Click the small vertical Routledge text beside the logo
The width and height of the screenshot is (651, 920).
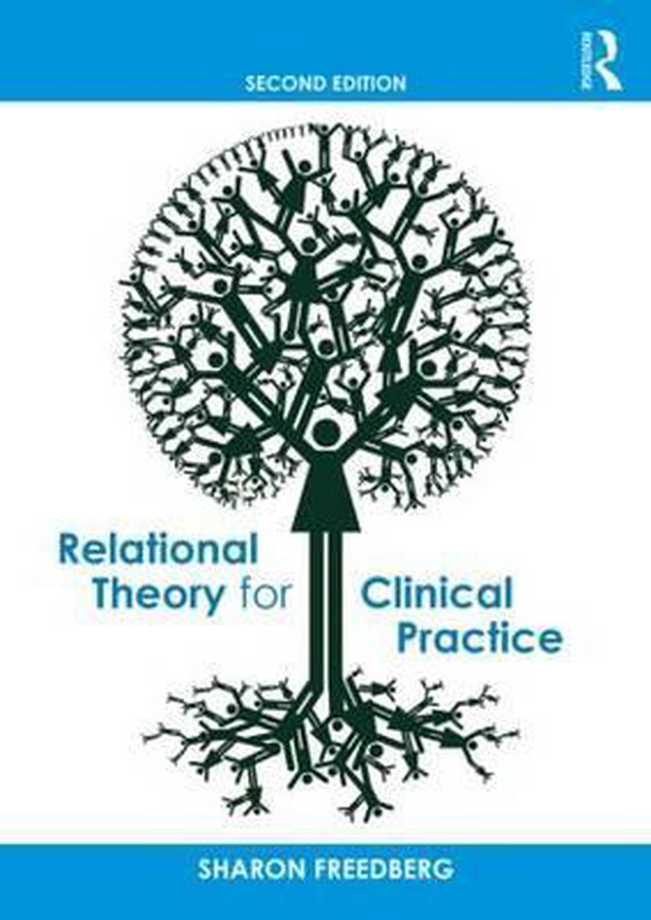pos(589,61)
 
